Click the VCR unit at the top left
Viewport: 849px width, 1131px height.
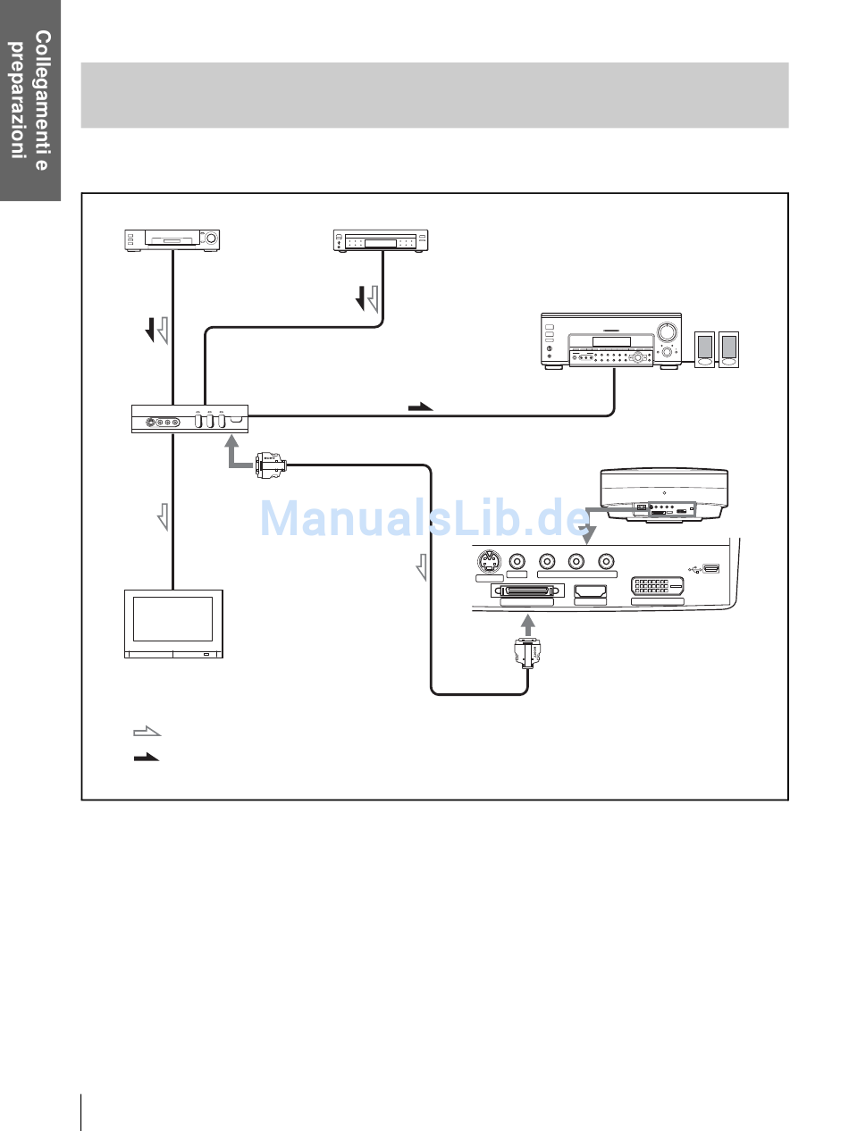[172, 239]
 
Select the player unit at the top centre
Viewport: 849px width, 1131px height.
[381, 240]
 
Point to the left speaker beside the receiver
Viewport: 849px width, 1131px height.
[705, 348]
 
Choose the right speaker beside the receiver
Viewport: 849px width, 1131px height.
[730, 348]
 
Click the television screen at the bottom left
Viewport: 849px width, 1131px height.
[172, 618]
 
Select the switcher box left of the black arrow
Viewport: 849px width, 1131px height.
[189, 418]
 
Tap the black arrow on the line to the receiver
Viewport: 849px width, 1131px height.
[420, 406]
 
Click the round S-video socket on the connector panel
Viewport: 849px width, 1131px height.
[488, 562]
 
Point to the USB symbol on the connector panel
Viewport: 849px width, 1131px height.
[696, 566]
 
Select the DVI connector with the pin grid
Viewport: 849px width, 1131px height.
[658, 588]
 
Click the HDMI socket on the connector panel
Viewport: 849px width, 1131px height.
[590, 591]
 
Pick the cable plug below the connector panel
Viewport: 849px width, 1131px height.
[528, 656]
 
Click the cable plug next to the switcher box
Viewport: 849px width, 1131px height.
[270, 465]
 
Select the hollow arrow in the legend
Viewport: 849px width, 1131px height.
[146, 732]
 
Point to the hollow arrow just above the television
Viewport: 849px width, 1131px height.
[163, 515]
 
